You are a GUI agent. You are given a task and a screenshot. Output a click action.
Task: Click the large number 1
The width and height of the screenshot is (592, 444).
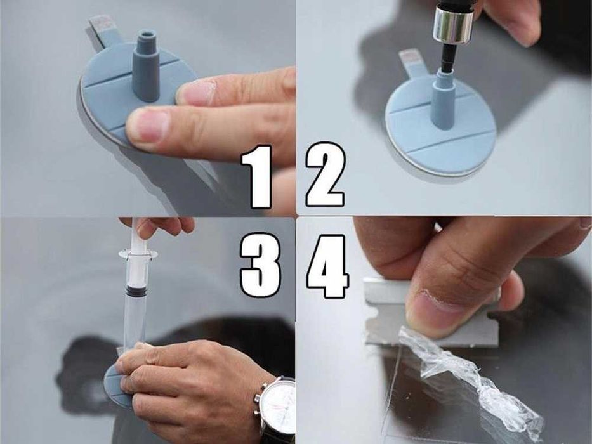[260, 176]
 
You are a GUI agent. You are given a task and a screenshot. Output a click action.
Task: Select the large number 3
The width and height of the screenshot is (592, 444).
[260, 264]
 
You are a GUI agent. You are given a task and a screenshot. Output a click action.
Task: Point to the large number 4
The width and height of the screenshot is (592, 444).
[327, 266]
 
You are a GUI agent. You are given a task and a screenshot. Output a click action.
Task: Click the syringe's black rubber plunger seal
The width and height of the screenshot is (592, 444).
[135, 291]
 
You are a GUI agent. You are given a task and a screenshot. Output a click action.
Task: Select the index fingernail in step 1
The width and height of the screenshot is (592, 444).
[198, 93]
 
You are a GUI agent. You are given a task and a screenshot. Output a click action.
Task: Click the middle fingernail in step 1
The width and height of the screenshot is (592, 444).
[147, 124]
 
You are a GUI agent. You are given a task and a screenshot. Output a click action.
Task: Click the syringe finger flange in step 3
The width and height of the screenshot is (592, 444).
[138, 254]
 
